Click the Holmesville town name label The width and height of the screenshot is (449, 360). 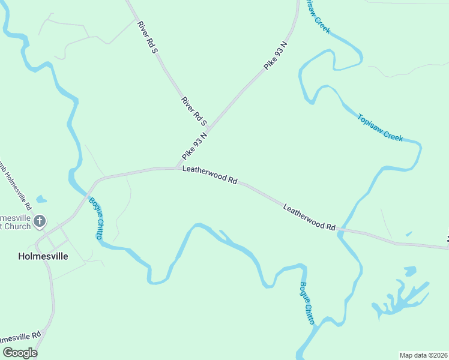pyautogui.click(x=43, y=256)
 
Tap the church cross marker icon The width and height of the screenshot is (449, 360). pyautogui.click(x=40, y=221)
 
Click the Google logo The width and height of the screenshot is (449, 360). pyautogui.click(x=20, y=353)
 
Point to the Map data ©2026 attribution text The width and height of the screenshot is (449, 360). pyautogui.click(x=423, y=355)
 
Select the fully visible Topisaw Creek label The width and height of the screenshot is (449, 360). pyautogui.click(x=380, y=127)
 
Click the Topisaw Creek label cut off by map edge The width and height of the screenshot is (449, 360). pyautogui.click(x=318, y=16)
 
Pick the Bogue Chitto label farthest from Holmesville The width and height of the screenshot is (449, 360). pyautogui.click(x=307, y=303)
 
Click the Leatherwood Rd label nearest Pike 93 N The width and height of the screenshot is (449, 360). pyautogui.click(x=210, y=176)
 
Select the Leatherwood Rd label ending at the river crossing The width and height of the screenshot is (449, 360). pyautogui.click(x=309, y=217)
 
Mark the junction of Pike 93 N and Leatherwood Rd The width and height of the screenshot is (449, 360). pyautogui.click(x=176, y=168)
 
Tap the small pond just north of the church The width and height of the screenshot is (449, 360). pyautogui.click(x=41, y=199)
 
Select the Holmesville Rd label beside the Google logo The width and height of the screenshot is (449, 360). pyautogui.click(x=21, y=337)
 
